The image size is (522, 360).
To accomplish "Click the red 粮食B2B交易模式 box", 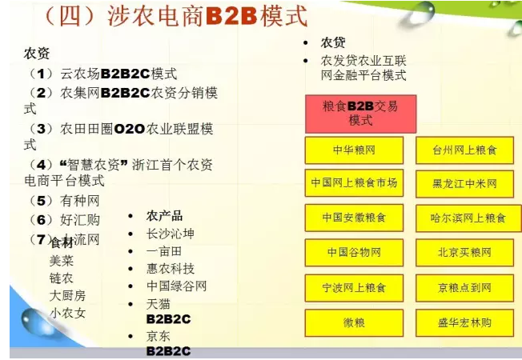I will (x=360, y=113).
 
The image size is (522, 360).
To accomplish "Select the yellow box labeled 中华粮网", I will (x=354, y=150).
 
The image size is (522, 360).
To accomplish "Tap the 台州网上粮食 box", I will (x=464, y=150).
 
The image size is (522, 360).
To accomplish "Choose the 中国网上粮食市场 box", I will (x=354, y=183).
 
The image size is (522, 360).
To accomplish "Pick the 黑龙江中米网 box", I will (x=464, y=183).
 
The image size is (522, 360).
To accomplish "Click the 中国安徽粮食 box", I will (x=354, y=218).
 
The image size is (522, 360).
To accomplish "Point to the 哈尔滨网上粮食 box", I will (x=464, y=218).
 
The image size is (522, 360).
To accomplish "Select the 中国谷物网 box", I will (x=354, y=252).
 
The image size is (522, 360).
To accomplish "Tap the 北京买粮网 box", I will (x=464, y=252).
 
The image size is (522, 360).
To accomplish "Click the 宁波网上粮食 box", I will (x=354, y=287).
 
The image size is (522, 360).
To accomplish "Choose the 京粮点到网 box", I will (x=464, y=287).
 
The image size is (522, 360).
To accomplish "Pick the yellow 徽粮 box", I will (x=354, y=322).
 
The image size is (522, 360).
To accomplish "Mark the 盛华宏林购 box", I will (x=464, y=322).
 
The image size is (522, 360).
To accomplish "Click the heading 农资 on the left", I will (x=37, y=54).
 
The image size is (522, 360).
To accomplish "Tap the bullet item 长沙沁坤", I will (x=170, y=234).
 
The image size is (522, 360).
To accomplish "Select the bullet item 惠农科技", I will (x=170, y=269).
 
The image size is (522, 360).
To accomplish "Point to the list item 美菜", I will (x=62, y=260).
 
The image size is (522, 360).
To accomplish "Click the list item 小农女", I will (x=67, y=313).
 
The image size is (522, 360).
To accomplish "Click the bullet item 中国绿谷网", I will (x=176, y=286).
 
